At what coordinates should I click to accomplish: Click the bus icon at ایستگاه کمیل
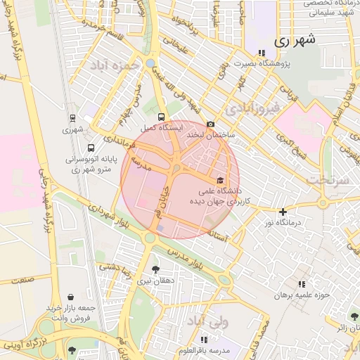click(162, 117)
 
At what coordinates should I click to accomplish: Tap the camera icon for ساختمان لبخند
click(211, 124)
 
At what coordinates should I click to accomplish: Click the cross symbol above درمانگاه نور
click(283, 212)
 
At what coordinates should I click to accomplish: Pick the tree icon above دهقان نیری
click(155, 269)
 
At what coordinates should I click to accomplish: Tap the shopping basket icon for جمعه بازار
click(71, 298)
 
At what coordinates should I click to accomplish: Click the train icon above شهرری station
click(73, 119)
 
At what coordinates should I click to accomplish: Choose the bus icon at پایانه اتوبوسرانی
click(91, 148)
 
